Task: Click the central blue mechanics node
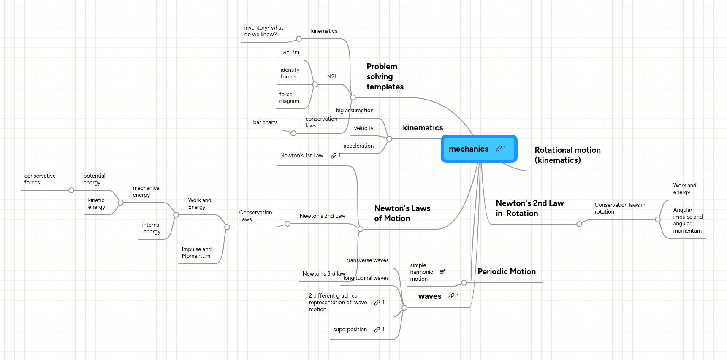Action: pos(469,149)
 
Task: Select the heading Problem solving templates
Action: pos(385,77)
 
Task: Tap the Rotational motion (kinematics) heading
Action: pos(567,155)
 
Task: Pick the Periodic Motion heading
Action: pos(506,272)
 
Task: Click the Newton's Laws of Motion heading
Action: pos(402,213)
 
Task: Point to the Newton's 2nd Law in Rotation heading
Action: pos(529,208)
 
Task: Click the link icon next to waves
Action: pos(451,296)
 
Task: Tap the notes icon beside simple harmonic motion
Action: pos(442,272)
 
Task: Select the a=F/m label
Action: pos(291,52)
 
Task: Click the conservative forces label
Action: pos(40,179)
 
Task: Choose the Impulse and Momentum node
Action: pos(196,253)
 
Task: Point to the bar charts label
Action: pos(265,122)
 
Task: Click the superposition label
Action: pos(350,330)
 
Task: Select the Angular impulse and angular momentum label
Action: pos(687,220)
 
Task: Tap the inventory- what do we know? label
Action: pos(263,31)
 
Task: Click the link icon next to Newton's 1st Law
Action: pos(334,156)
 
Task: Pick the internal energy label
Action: pos(152,228)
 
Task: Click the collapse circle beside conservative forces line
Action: pos(71,190)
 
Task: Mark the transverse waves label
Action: pos(367,260)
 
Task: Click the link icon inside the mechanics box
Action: pos(499,149)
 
